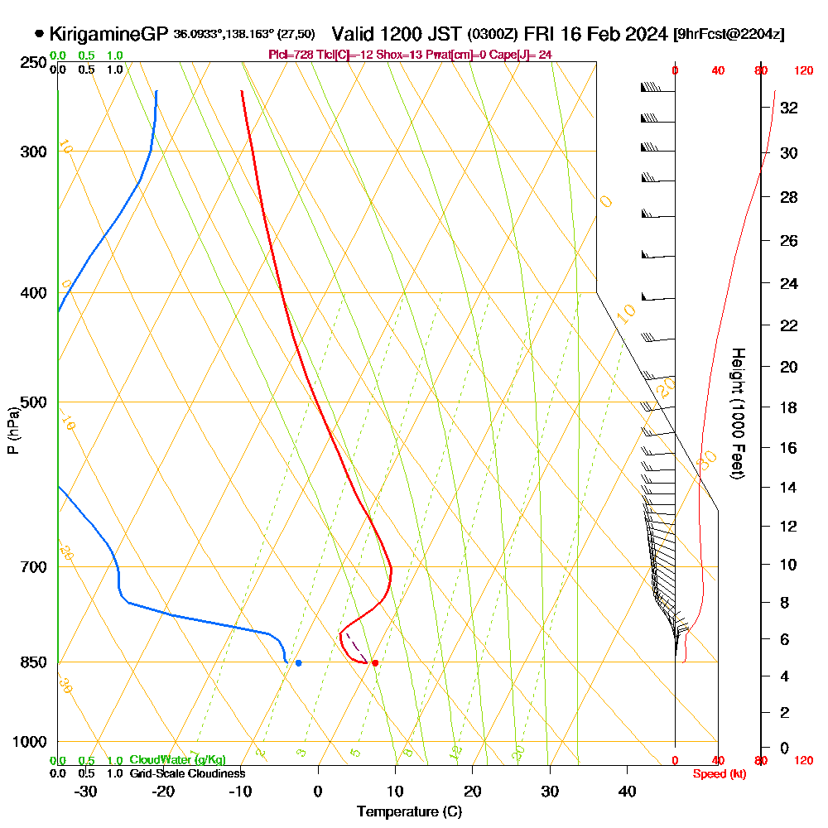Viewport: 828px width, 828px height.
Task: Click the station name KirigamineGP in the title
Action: tap(109, 34)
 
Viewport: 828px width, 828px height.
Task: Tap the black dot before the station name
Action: tap(39, 34)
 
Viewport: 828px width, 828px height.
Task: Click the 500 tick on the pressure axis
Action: tap(32, 402)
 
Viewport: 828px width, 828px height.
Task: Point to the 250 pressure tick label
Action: tap(32, 62)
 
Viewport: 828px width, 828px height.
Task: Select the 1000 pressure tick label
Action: tap(29, 741)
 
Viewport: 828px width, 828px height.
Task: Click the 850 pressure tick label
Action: tap(32, 662)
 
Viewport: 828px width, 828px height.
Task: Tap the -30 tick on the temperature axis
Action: tap(86, 791)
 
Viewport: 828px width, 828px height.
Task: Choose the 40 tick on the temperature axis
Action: tap(628, 791)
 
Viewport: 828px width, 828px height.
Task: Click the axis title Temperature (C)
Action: tap(409, 811)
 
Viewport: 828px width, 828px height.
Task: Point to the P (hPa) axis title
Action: tap(13, 430)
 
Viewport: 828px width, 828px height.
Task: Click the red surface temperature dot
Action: tap(375, 662)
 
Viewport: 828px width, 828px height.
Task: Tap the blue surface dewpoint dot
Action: tap(298, 662)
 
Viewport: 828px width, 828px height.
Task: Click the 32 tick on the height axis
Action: tap(789, 108)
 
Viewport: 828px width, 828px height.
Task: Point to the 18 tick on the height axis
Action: tap(789, 407)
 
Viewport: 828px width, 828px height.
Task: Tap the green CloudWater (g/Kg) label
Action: tap(177, 760)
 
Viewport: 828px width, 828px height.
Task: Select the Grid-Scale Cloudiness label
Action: tap(187, 773)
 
